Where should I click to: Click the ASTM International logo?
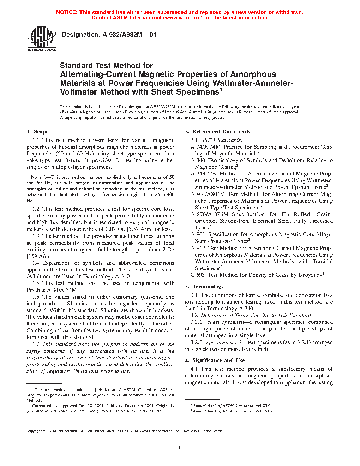(42, 39)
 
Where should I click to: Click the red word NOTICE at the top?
(67, 12)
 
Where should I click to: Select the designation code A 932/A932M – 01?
(129, 35)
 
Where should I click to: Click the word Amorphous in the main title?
(253, 74)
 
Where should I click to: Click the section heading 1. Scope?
(37, 132)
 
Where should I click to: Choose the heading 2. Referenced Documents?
(217, 132)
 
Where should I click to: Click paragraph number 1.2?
(36, 209)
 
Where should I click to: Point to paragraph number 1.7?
(36, 344)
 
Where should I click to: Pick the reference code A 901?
(198, 234)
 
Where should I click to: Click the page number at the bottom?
(180, 448)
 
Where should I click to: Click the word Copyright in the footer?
(34, 431)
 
